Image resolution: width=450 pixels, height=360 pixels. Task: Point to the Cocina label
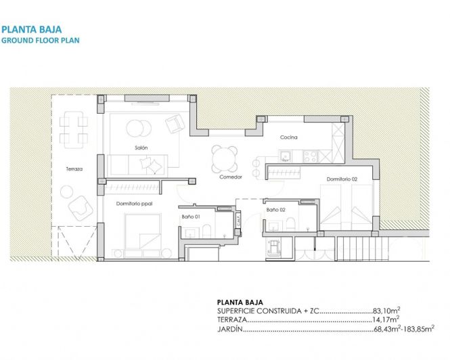tap(289, 138)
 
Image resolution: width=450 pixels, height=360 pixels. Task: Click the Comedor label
tap(230, 177)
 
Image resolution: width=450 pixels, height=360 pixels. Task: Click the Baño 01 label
tap(192, 217)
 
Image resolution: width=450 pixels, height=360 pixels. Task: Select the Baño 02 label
tap(275, 210)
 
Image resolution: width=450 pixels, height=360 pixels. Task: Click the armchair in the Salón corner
tap(175, 124)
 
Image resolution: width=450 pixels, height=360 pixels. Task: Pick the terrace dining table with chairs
tap(73, 129)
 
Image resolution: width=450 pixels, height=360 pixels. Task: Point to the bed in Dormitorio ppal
tap(142, 233)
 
